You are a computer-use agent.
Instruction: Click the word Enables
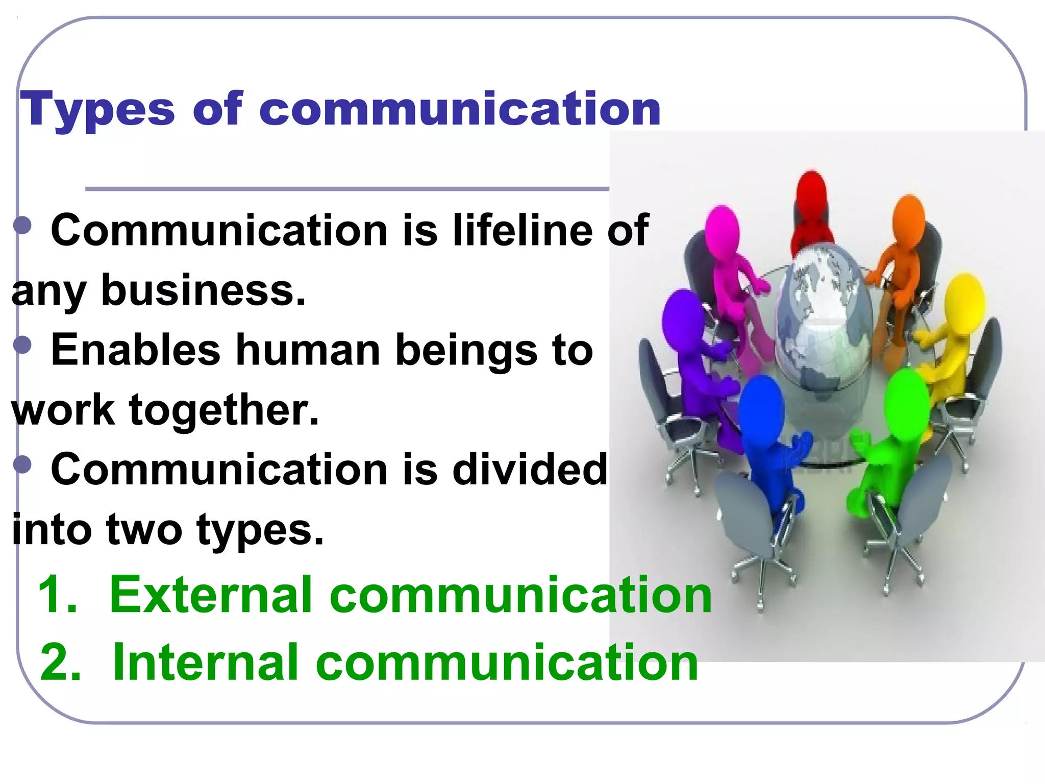[x=136, y=350]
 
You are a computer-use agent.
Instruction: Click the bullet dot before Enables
[x=23, y=345]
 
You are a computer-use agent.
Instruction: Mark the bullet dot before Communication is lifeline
[x=23, y=225]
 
